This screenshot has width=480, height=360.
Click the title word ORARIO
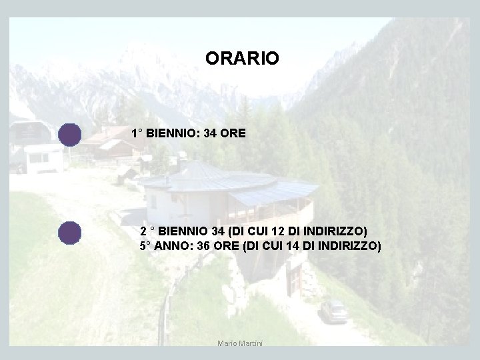pyautogui.click(x=242, y=59)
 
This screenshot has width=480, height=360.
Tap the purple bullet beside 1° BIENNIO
pyautogui.click(x=69, y=135)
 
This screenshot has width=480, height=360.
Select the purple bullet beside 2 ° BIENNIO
pyautogui.click(x=69, y=233)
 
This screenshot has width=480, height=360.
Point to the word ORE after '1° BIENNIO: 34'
pyautogui.click(x=233, y=133)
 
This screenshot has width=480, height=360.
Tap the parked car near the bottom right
pyautogui.click(x=333, y=311)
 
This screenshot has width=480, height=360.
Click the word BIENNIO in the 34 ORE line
pyautogui.click(x=171, y=133)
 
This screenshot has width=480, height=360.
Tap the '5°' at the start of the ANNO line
pyautogui.click(x=145, y=245)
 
